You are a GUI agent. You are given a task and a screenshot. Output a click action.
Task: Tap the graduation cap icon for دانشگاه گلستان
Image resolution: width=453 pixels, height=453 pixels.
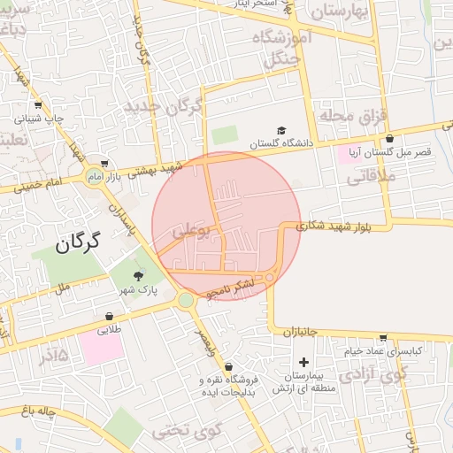click(x=281, y=130)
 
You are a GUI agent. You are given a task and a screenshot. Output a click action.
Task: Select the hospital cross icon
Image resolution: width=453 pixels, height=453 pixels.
click(x=304, y=361)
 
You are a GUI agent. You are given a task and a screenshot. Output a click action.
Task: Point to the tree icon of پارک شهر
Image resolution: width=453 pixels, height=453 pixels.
click(x=137, y=276)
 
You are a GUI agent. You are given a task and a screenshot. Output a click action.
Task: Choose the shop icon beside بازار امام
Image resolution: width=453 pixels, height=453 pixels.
click(x=106, y=163)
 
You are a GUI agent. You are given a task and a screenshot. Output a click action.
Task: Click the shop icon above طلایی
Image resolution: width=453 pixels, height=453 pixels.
click(x=109, y=316)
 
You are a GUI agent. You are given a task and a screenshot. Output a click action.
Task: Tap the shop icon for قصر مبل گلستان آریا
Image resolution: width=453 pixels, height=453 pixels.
click(x=390, y=138)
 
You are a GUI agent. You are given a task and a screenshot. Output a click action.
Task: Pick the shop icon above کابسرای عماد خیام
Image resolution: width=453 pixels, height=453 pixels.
click(x=382, y=337)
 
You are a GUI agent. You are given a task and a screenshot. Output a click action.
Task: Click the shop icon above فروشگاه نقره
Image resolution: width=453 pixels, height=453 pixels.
click(x=229, y=366)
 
